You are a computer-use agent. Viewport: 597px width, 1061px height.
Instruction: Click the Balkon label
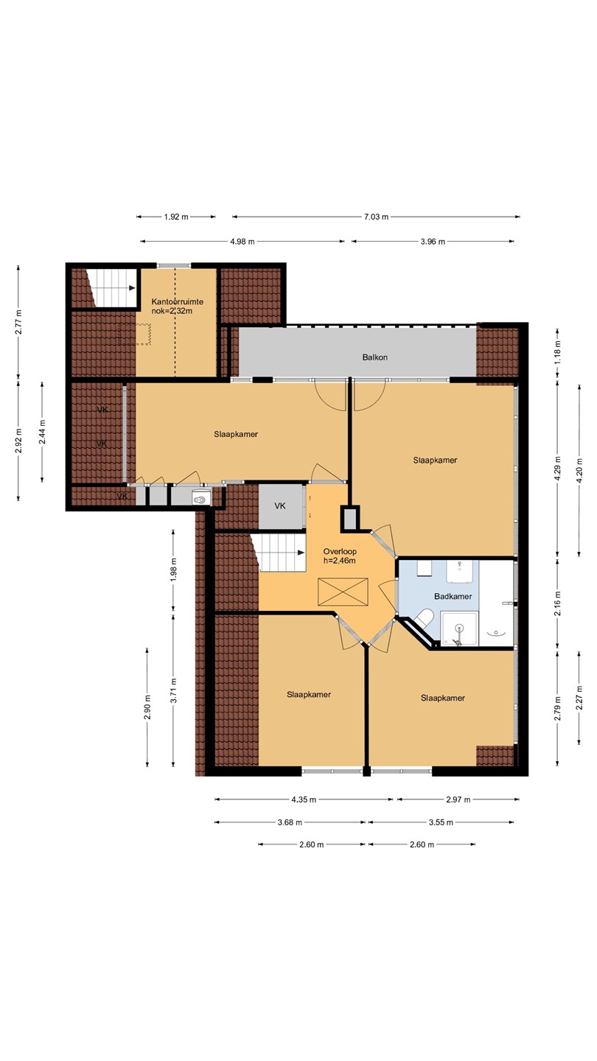pos(374,357)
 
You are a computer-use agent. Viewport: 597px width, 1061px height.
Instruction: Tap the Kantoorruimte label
pos(177,302)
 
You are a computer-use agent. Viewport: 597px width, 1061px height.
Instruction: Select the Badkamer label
pos(453,596)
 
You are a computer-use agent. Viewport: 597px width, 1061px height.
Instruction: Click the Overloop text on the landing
pos(340,551)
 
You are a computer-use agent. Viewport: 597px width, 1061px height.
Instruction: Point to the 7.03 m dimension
pos(376,217)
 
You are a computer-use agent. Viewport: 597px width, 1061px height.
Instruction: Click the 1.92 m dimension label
pos(176,217)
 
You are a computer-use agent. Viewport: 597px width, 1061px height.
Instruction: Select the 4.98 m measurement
pos(242,242)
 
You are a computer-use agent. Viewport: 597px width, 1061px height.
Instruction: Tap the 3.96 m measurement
pos(433,242)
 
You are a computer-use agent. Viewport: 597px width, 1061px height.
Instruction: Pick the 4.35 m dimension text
pos(304,799)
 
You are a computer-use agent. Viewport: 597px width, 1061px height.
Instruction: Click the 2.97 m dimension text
pos(458,799)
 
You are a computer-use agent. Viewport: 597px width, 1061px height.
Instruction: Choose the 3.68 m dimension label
pos(290,822)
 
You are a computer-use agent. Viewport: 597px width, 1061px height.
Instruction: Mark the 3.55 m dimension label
pos(441,822)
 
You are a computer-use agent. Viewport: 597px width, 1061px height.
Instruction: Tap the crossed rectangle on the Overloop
pos(343,592)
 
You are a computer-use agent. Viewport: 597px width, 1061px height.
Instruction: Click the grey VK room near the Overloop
pos(281,506)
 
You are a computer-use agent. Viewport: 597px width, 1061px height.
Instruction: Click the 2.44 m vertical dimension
pos(42,432)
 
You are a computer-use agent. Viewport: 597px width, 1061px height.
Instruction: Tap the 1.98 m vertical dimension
pos(173,570)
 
